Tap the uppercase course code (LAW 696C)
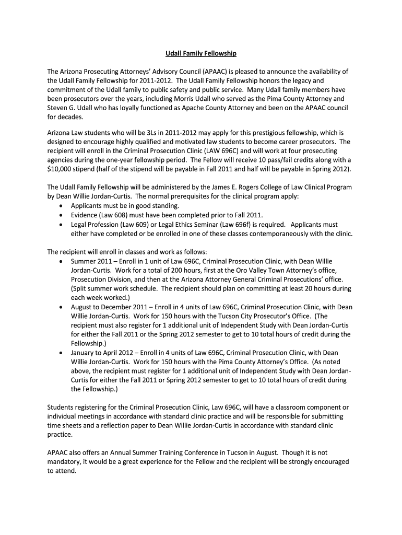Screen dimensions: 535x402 pyautogui.click(x=218, y=151)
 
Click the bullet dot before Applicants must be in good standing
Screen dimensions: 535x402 pyautogui.click(x=62, y=206)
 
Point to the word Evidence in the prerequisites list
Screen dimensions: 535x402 pyautogui.click(x=85, y=215)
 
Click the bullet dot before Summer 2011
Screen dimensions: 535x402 pyautogui.click(x=62, y=261)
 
